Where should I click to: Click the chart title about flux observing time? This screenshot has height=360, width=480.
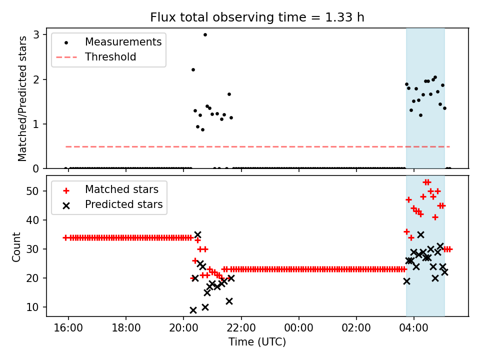pos(257,17)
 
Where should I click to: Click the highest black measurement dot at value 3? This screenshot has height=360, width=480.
pos(205,34)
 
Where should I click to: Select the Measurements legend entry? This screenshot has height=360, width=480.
pos(123,42)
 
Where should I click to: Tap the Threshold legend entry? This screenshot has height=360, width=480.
pos(110,57)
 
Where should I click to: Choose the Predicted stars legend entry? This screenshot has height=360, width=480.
pos(123,204)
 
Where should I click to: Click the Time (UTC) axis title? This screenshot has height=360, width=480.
pos(257,342)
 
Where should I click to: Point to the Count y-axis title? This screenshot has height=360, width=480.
pos(17,247)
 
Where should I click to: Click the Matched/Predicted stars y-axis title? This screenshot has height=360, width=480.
pos(22,98)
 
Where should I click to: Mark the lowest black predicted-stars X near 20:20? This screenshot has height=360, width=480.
pos(193,310)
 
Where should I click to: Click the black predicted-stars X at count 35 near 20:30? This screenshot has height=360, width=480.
pos(197,234)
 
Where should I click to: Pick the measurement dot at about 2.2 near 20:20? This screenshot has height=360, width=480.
pos(193,69)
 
